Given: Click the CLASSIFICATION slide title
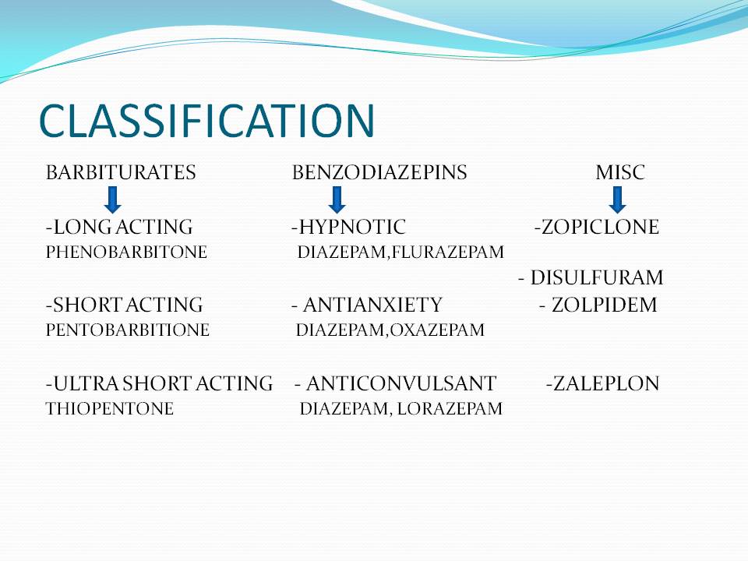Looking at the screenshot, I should pyautogui.click(x=206, y=120).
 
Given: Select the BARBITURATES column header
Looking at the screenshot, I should pyautogui.click(x=121, y=173).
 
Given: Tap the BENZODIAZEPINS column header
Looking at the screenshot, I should pyautogui.click(x=379, y=173).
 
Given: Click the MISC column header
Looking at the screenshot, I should pyautogui.click(x=620, y=173).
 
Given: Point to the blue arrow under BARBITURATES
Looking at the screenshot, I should pyautogui.click(x=112, y=199).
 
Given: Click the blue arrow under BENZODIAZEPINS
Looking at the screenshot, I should pyautogui.click(x=337, y=199).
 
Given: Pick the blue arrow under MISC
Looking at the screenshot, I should pyautogui.click(x=617, y=199).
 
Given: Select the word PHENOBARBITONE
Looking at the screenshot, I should pyautogui.click(x=126, y=252).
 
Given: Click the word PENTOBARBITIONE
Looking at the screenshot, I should pyautogui.click(x=128, y=330).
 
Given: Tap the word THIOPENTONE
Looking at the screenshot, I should pyautogui.click(x=110, y=408).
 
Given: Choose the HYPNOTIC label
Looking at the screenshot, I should pyautogui.click(x=352, y=228).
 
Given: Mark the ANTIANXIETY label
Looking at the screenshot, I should pyautogui.click(x=372, y=305).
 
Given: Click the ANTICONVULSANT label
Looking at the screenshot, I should pyautogui.click(x=400, y=383).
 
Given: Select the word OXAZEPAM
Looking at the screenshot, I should pyautogui.click(x=437, y=330).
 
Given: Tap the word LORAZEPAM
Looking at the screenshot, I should pyautogui.click(x=450, y=408).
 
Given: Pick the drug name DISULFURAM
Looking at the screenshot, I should pyautogui.click(x=597, y=277).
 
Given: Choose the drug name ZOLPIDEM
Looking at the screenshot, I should pyautogui.click(x=604, y=305).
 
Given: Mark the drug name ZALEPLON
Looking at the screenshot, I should pyautogui.click(x=606, y=383).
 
